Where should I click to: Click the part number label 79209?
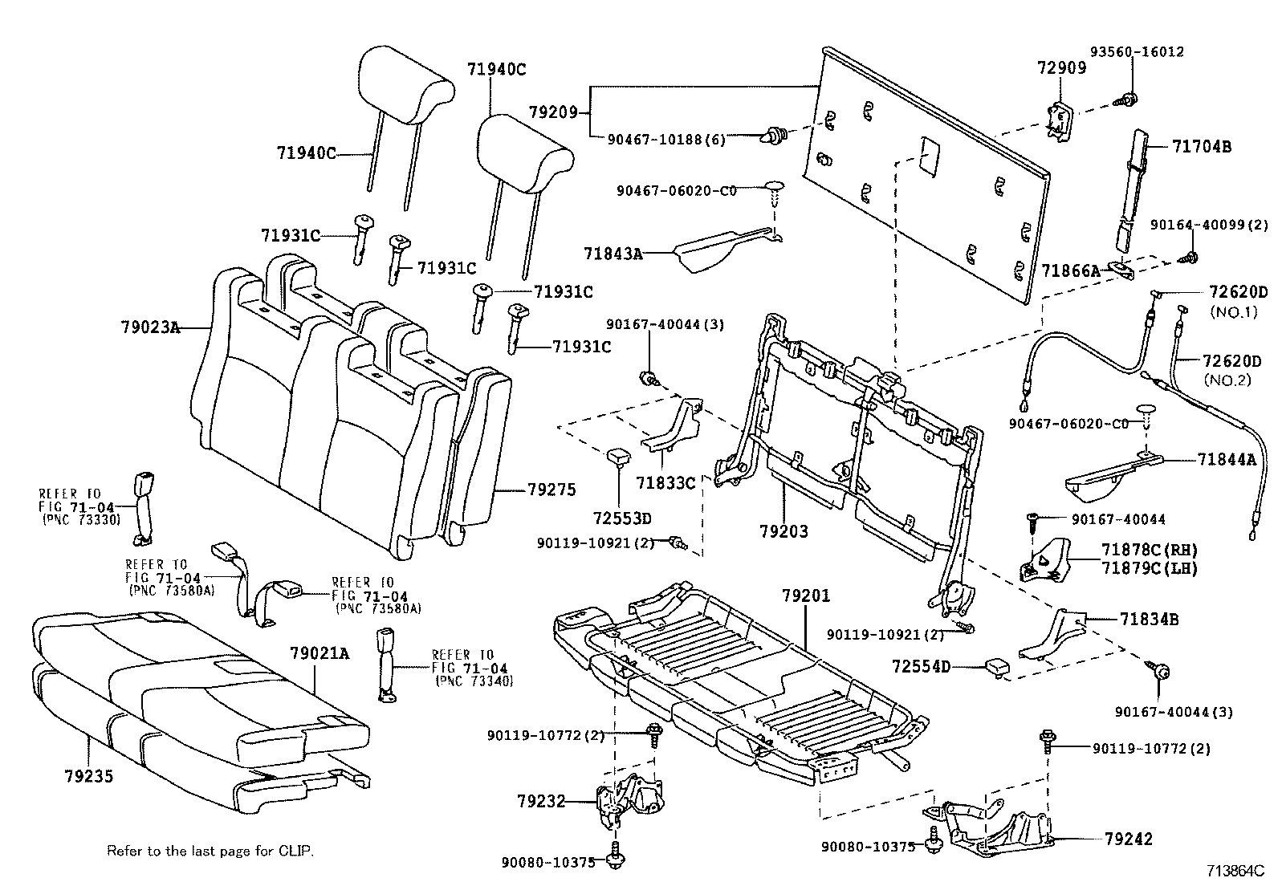click(553, 112)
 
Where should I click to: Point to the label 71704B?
click(1201, 147)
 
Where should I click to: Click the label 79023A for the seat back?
click(149, 327)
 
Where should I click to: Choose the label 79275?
click(551, 490)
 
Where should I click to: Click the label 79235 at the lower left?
click(88, 776)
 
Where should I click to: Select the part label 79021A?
click(319, 653)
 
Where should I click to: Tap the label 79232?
click(541, 800)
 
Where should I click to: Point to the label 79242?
click(1128, 839)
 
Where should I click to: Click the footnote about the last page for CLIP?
click(210, 850)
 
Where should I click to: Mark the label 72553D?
click(622, 518)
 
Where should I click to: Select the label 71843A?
click(613, 254)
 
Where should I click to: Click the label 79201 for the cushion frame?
click(806, 596)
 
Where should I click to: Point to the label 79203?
click(783, 530)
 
